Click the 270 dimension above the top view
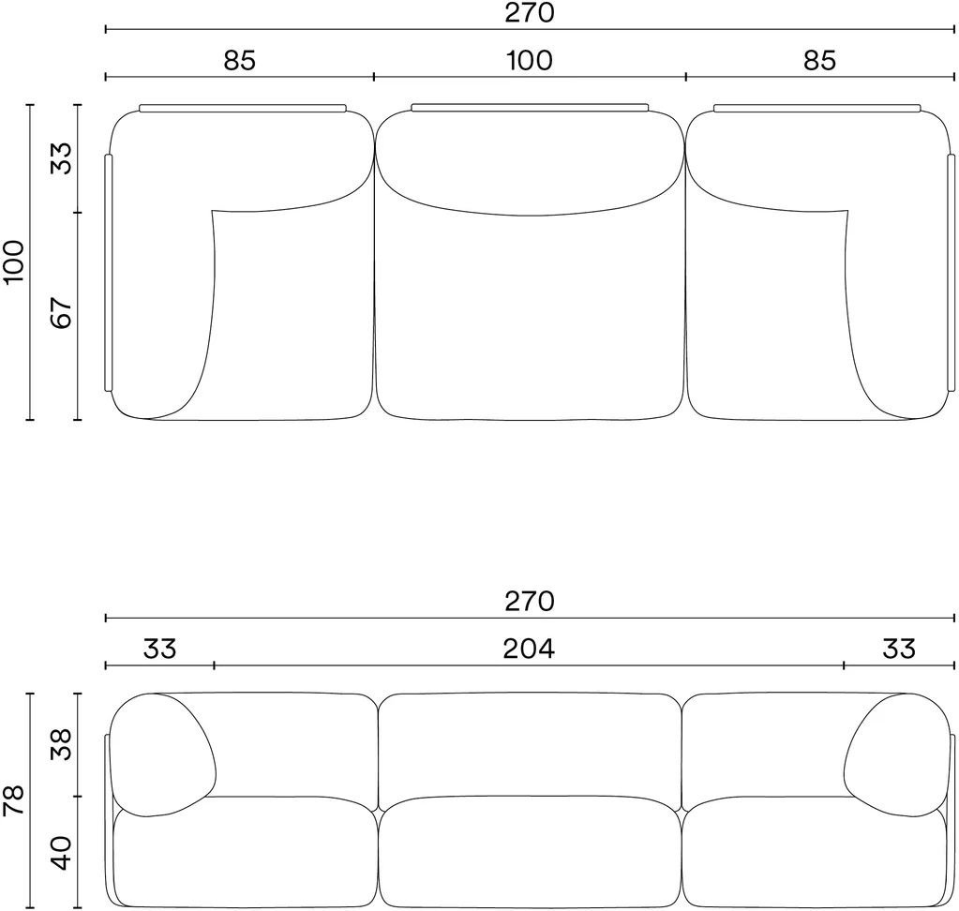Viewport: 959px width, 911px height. (x=530, y=13)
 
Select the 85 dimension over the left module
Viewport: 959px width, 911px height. (x=239, y=61)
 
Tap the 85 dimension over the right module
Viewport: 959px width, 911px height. (x=819, y=61)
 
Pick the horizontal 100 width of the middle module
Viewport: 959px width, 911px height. (x=530, y=61)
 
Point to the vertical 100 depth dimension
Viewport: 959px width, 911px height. (x=13, y=261)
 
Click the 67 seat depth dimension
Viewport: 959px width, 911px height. (x=61, y=313)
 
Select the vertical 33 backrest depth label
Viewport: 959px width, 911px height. (x=61, y=157)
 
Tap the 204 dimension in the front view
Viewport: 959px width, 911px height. (x=529, y=649)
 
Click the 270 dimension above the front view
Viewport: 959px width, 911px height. (x=530, y=602)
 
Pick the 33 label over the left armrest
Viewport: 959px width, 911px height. (x=159, y=649)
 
